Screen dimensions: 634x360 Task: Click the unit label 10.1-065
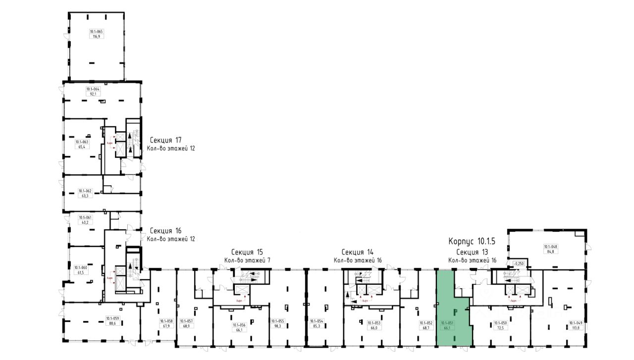[96, 31]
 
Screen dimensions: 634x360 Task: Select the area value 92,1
[92, 94]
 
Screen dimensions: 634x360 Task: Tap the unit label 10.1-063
[82, 142]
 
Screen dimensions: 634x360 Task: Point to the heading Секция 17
[165, 140]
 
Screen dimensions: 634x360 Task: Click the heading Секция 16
[165, 230]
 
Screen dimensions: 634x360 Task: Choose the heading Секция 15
[247, 252]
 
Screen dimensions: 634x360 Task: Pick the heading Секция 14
[357, 252]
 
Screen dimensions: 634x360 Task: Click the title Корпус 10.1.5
[472, 242]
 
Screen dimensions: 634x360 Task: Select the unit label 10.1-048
[550, 246]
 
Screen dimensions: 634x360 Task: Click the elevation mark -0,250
[518, 263]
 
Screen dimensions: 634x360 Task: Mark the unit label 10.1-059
[113, 318]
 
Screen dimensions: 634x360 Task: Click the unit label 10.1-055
[277, 321]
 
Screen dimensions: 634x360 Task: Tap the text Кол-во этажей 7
[247, 260]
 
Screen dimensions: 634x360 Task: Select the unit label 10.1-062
[85, 191]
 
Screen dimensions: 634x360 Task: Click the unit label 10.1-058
[165, 321]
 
